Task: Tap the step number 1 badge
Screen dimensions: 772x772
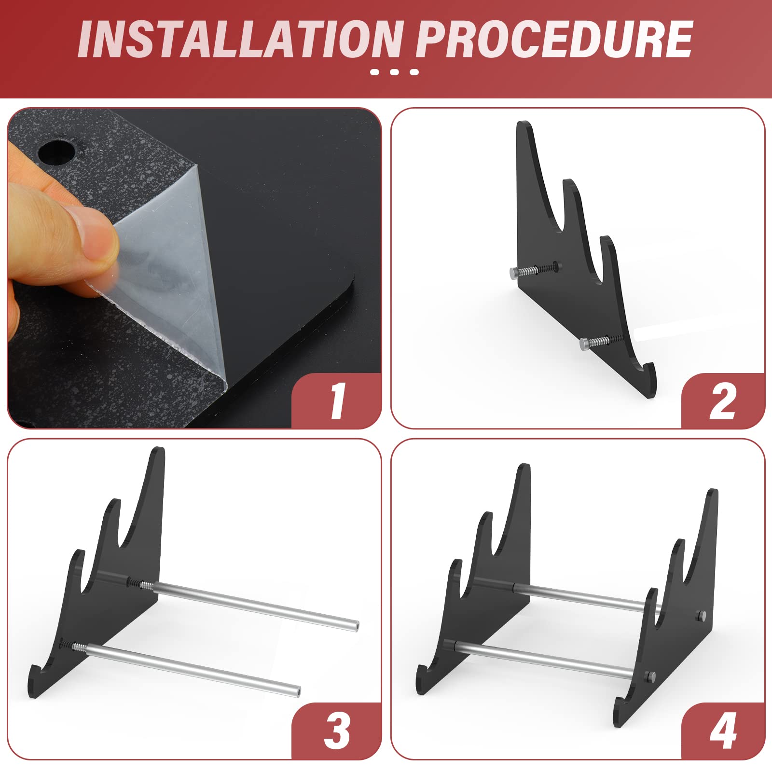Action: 337,400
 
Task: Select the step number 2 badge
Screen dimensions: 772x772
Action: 722,400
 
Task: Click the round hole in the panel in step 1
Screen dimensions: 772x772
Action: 57,153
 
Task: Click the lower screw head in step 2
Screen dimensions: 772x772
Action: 584,344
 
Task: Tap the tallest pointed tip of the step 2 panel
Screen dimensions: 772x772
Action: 525,123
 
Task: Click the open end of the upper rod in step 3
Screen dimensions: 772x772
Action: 355,626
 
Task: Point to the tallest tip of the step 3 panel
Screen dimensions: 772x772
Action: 158,450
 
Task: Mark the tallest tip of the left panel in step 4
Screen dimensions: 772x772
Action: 524,467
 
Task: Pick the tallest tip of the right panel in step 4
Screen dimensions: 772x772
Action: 712,492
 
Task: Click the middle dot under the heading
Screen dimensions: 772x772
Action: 394,72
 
